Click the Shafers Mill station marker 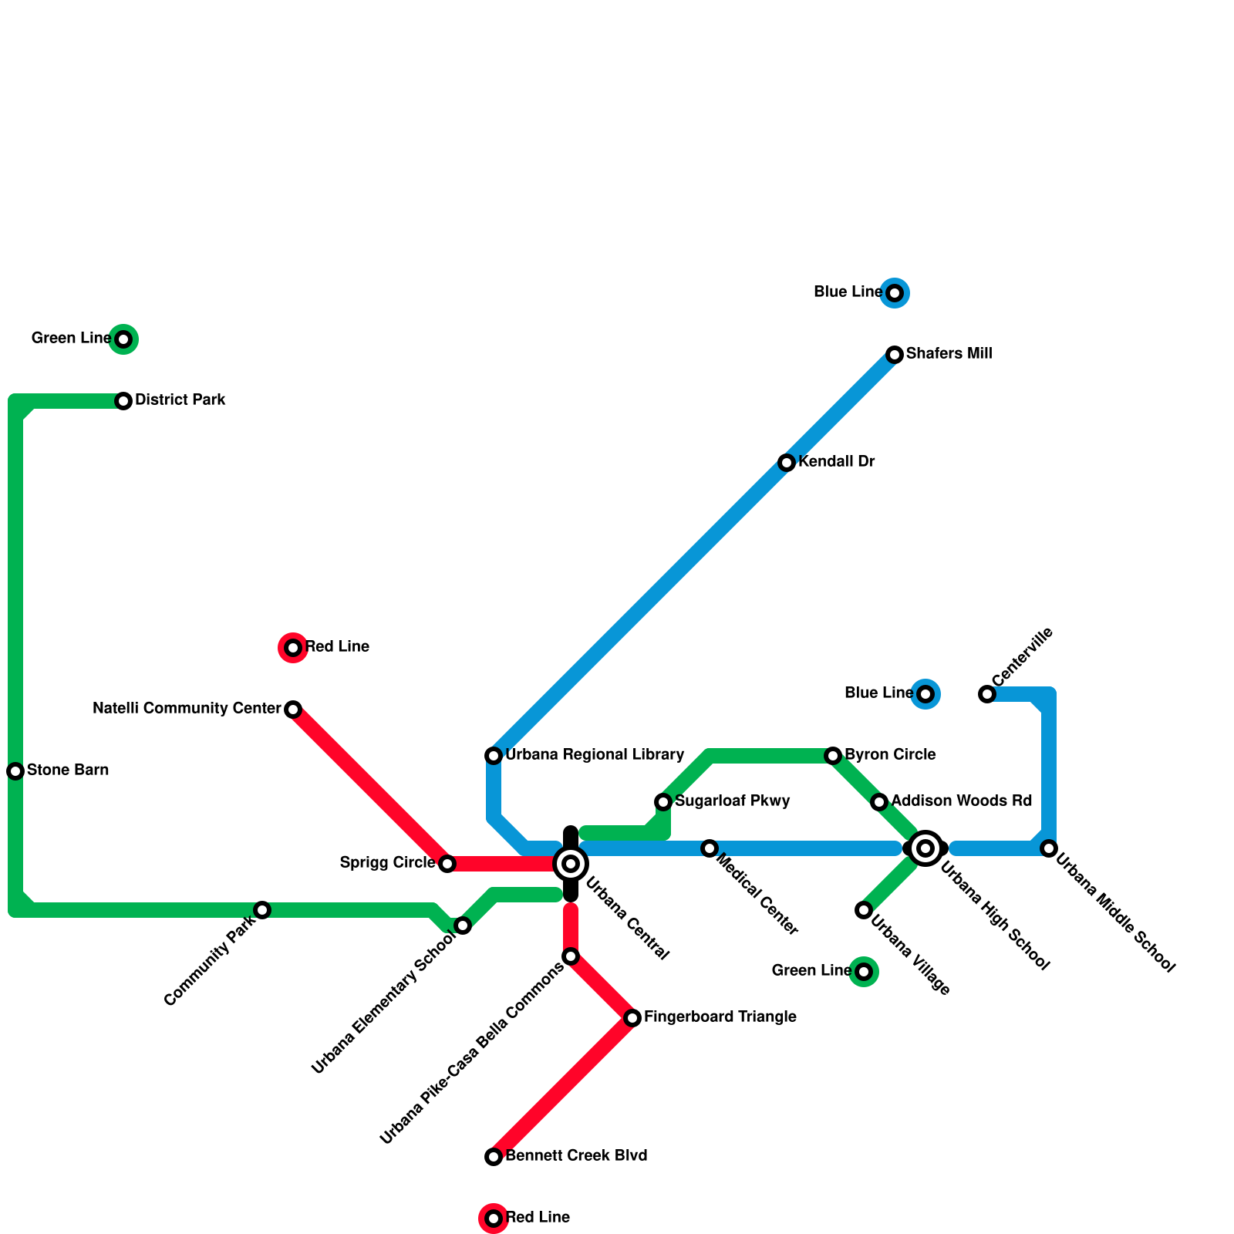[x=895, y=355]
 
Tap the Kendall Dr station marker [x=787, y=463]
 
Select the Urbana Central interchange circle [x=571, y=864]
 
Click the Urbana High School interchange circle [x=925, y=848]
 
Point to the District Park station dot [x=123, y=401]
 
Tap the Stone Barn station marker [x=15, y=771]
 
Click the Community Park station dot [x=262, y=910]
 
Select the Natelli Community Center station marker [x=293, y=710]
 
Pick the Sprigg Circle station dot [x=447, y=864]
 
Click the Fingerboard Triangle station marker [x=632, y=1018]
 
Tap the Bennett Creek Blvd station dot [x=494, y=1157]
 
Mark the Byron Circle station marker [x=833, y=756]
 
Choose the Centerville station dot [x=987, y=694]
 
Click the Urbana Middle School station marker [x=1049, y=848]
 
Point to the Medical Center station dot [x=710, y=848]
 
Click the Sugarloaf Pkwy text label [x=732, y=801]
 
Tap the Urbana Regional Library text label [x=595, y=755]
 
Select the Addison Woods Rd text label [x=961, y=801]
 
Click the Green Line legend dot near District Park [x=123, y=339]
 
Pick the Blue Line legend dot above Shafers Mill [x=895, y=293]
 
